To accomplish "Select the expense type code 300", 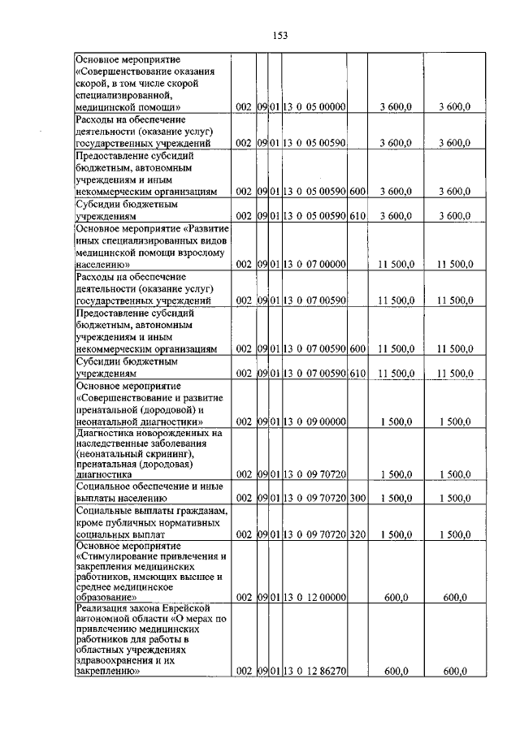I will pos(357,497).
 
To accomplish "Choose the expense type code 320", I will pos(357,537).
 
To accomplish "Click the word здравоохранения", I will pos(116,661).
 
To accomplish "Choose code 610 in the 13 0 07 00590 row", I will pos(357,373).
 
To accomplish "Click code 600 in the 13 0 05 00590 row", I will pos(357,192).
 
